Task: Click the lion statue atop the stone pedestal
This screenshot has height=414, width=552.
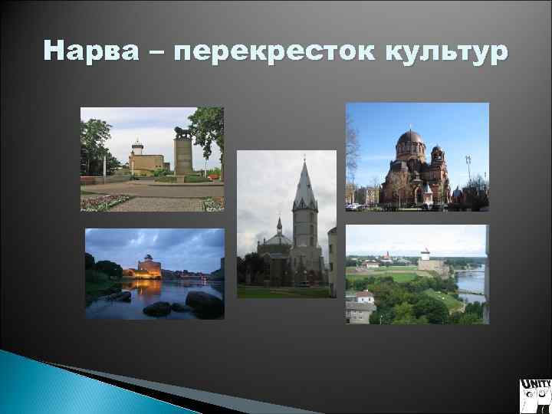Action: click(x=182, y=133)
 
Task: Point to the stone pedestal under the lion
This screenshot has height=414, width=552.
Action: click(x=183, y=157)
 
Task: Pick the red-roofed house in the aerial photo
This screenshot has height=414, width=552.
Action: click(x=363, y=296)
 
